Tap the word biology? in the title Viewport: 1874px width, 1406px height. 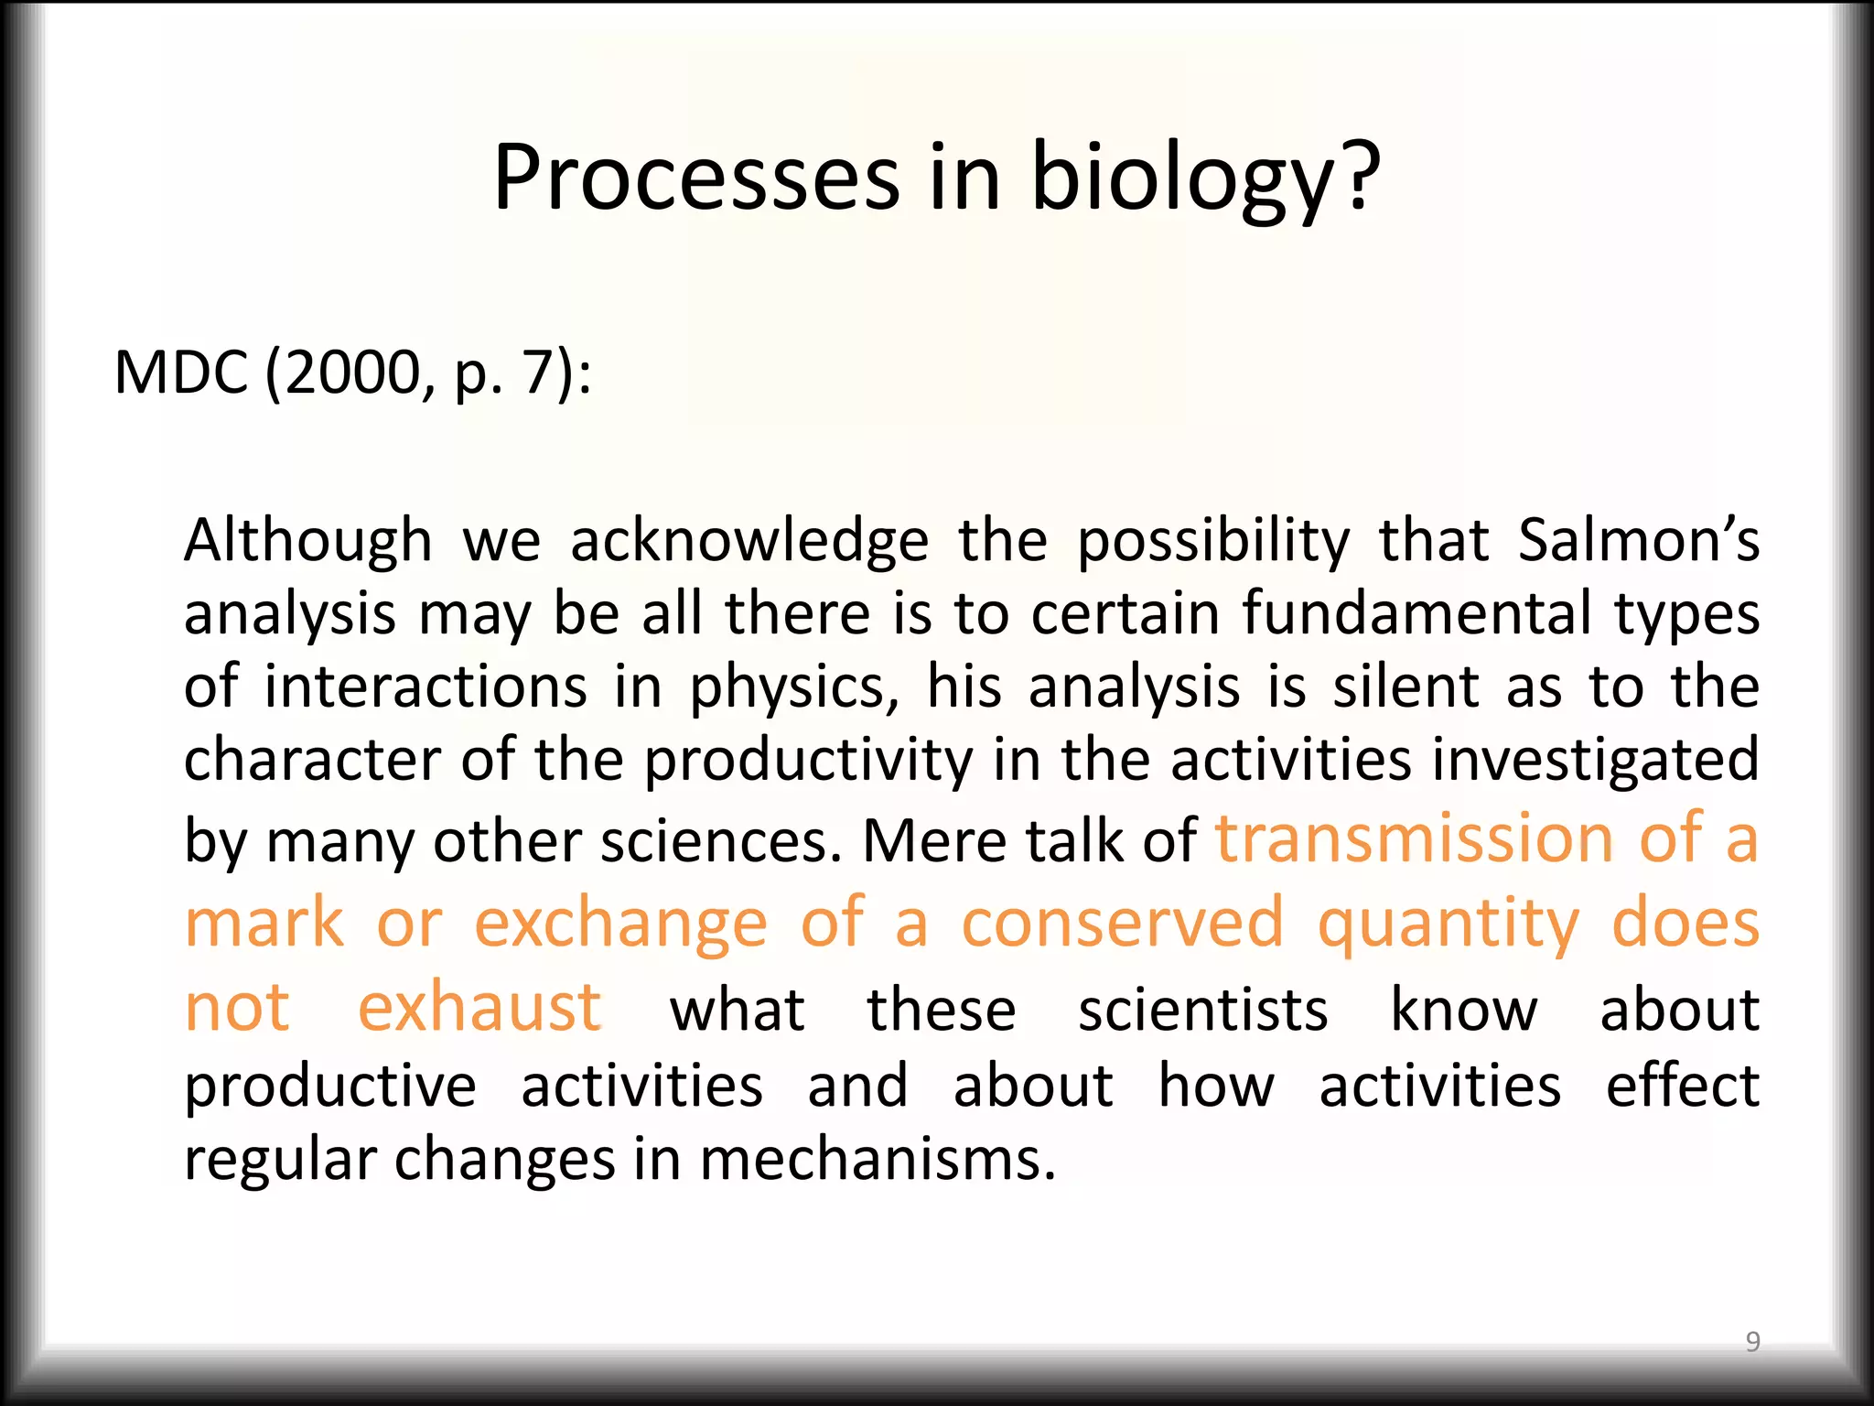[x=1205, y=178]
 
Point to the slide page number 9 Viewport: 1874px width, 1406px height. [x=1752, y=1341]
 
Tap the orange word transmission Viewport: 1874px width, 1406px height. [x=1415, y=838]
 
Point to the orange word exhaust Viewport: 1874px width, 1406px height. [x=479, y=1007]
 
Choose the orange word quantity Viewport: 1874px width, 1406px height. [x=1449, y=925]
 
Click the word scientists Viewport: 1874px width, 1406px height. [x=1202, y=1011]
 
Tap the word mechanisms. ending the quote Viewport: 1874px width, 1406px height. [x=878, y=1161]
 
